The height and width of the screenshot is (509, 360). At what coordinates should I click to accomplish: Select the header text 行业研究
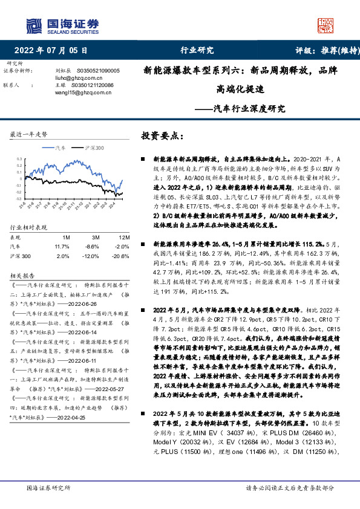tap(197, 50)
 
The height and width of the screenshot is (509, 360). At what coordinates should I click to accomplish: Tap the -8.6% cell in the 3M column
tap(92, 229)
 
